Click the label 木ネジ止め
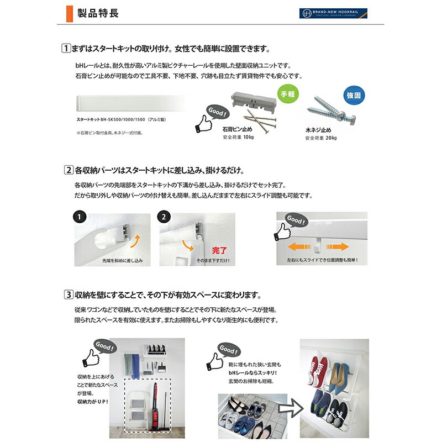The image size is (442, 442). click(319, 131)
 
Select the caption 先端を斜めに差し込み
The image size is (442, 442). click(122, 260)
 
